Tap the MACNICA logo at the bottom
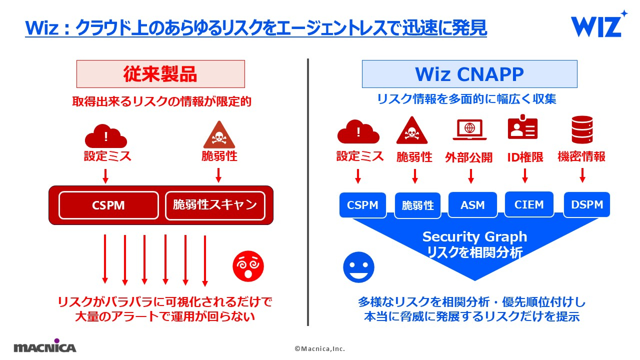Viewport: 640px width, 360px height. point(45,346)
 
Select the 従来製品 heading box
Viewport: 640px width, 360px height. point(160,74)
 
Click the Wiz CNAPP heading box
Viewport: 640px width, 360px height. point(469,74)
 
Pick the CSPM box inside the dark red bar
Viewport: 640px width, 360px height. point(108,205)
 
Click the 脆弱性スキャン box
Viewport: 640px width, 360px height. point(215,205)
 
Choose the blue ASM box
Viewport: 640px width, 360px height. point(472,205)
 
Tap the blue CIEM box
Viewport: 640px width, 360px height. point(529,204)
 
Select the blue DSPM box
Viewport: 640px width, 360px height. point(586,204)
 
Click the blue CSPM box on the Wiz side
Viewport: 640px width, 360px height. point(362,205)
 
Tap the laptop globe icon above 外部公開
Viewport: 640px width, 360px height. point(469,130)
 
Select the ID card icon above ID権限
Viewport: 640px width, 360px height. point(522,129)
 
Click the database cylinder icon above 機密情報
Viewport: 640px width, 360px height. point(582,129)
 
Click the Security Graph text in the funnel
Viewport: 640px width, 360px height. point(474,236)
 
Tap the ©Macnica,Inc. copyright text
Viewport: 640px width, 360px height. point(319,348)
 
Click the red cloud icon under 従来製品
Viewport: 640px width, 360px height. point(105,135)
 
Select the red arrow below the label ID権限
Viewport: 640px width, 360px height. point(524,175)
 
